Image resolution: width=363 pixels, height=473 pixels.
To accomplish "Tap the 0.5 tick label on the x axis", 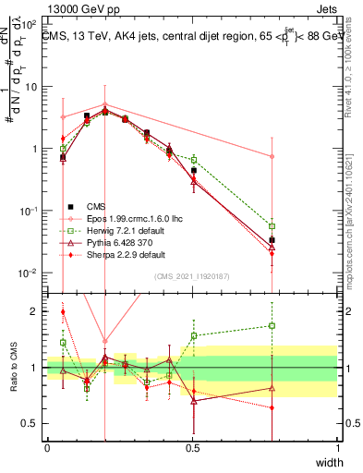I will pos(192,448).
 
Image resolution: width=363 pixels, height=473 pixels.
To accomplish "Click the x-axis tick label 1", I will pos(337,448).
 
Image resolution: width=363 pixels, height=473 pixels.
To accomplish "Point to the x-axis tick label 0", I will pos(47,448).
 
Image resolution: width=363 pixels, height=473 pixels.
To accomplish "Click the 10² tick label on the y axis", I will pos(30,25).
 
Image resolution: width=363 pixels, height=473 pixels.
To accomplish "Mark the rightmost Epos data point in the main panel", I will pos(272,157).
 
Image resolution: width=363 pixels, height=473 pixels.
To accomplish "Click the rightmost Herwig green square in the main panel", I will pos(272,225).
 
